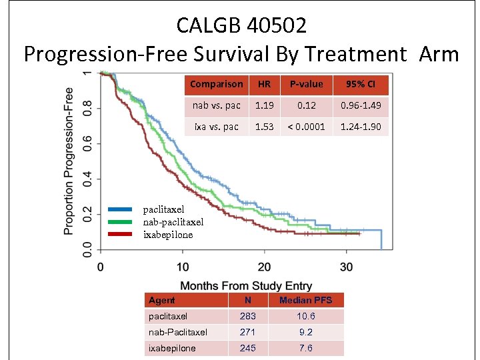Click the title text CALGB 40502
click(x=241, y=25)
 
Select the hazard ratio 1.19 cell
click(x=264, y=105)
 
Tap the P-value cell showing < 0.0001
click(x=306, y=127)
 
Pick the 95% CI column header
click(x=361, y=84)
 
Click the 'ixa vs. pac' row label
click(x=216, y=127)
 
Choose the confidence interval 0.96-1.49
click(x=361, y=105)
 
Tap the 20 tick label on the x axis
click(x=264, y=267)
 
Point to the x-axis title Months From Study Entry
click(x=246, y=286)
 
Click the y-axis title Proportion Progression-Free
click(x=69, y=160)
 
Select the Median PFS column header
click(x=305, y=301)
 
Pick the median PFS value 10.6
click(x=305, y=317)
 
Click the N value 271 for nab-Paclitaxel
click(x=247, y=332)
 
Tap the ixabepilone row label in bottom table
click(x=172, y=348)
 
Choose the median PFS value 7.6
click(x=305, y=348)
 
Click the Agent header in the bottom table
click(x=162, y=301)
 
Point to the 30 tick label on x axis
click(x=346, y=267)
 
